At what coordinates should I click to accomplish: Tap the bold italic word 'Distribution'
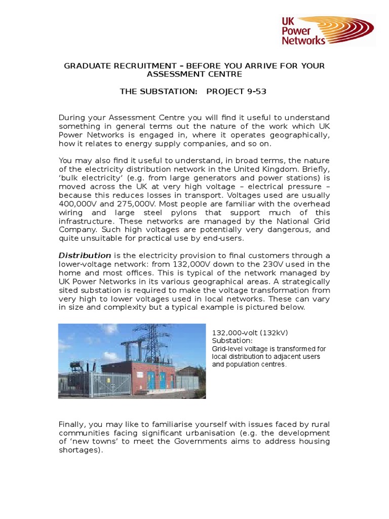tap(85, 255)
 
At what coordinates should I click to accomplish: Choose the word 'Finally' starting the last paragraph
tap(72, 424)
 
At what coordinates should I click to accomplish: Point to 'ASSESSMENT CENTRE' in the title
tap(194, 74)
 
